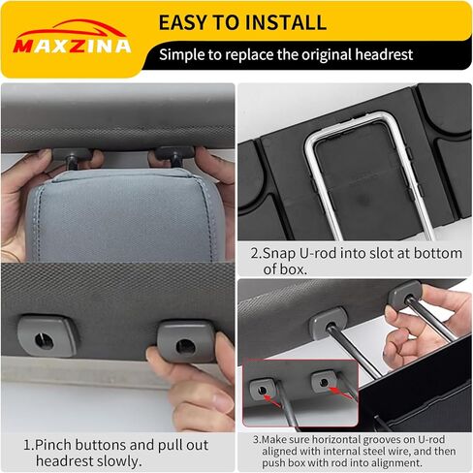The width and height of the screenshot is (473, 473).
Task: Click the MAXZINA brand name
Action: tap(72, 47)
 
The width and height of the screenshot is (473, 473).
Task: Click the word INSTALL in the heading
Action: tap(286, 22)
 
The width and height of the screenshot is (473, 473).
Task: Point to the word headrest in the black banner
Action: tap(384, 54)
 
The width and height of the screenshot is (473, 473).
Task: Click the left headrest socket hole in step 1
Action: tap(44, 340)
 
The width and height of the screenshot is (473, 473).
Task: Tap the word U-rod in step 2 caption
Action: tap(318, 253)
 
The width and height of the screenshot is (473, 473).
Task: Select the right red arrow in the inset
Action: tap(340, 392)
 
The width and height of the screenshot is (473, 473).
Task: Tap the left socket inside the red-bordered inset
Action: tap(262, 389)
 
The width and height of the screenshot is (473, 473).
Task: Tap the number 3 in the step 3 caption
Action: tap(256, 440)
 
